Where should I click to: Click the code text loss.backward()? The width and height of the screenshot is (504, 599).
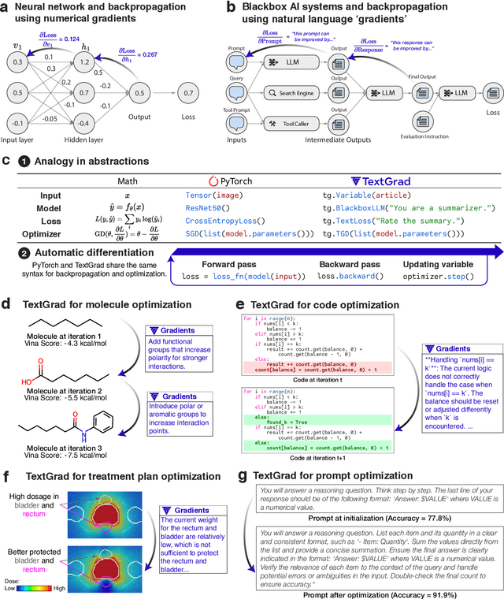point(351,277)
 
